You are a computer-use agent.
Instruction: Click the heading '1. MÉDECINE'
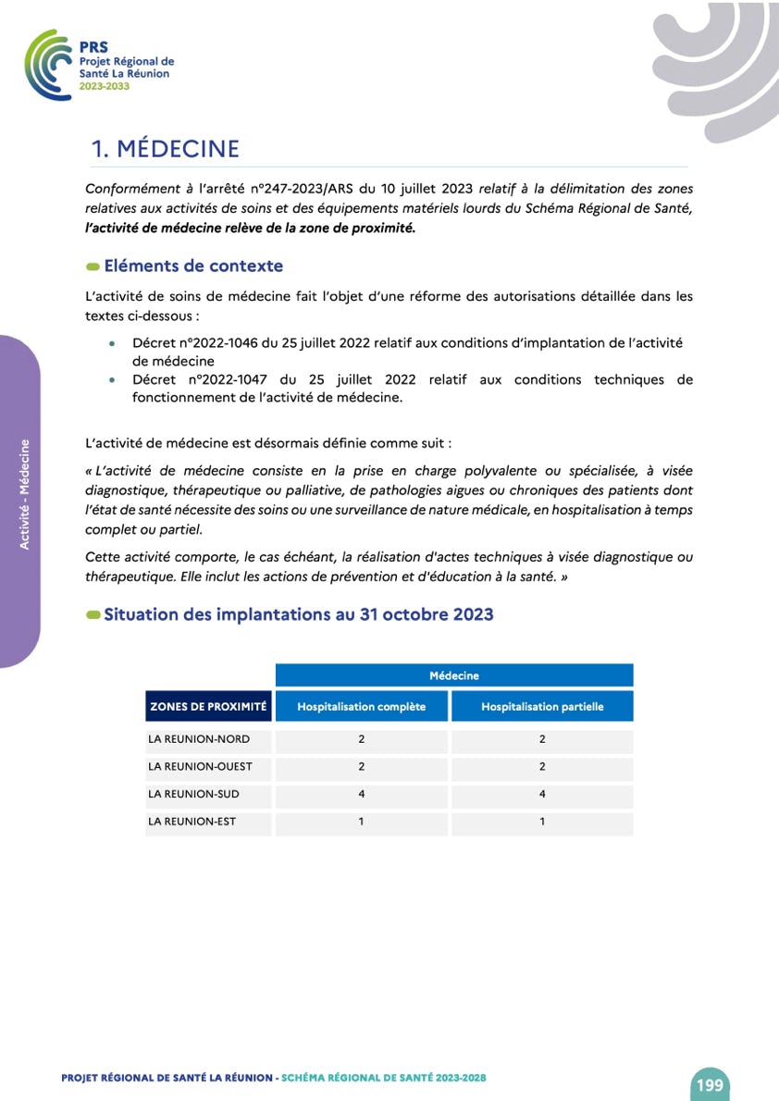pos(166,149)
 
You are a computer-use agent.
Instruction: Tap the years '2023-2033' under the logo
pos(105,86)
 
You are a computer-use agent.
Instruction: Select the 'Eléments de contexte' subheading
pos(193,266)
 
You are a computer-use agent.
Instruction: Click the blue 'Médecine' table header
pos(453,675)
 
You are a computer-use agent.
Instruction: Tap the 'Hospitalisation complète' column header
pos(361,707)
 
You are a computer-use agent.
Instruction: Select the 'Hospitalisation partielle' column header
pos(542,707)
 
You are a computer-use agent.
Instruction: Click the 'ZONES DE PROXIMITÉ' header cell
pos(208,707)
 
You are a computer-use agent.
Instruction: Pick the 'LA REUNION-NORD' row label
pos(199,740)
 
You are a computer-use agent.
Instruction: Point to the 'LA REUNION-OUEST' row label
pos(200,767)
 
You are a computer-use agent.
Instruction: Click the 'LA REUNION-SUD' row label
pos(193,794)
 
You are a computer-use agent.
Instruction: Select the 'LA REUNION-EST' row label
pos(192,822)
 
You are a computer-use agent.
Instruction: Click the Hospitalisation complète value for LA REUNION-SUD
pos(362,794)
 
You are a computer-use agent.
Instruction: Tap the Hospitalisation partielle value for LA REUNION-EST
pos(542,822)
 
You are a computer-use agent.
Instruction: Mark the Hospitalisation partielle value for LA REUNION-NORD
pos(542,740)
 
